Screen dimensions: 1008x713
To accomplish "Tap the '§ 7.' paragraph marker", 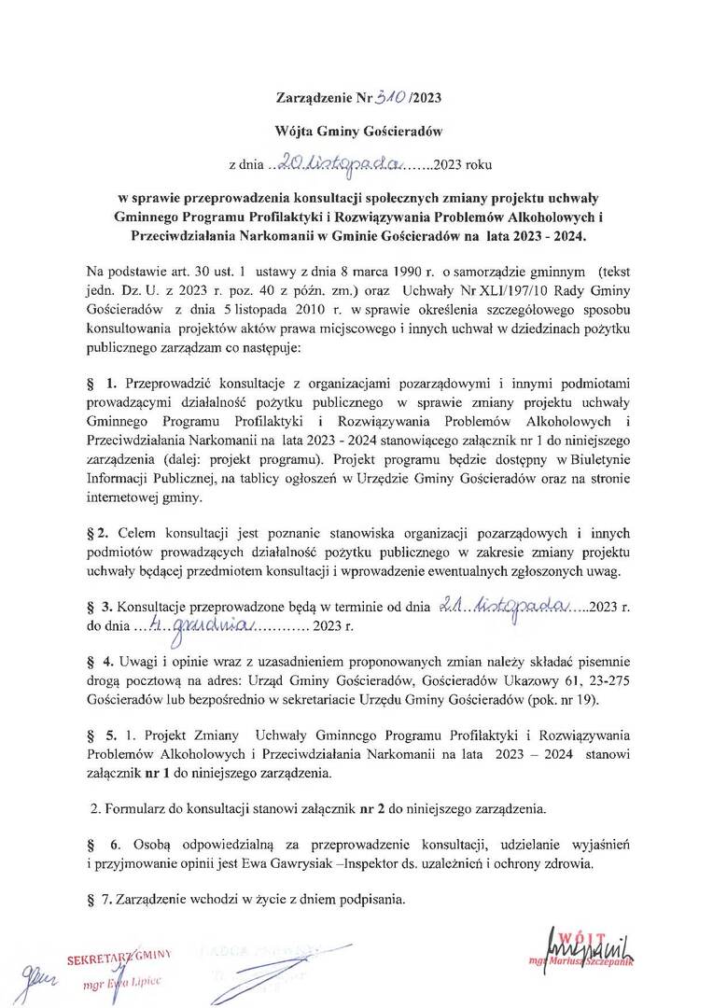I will (96, 901).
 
